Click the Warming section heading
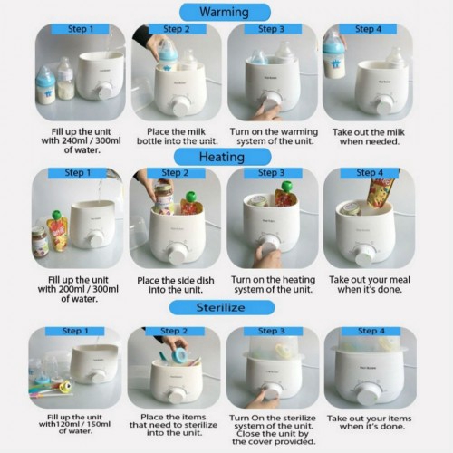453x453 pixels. [225, 13]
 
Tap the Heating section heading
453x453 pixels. [222, 157]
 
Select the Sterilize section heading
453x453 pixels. [222, 307]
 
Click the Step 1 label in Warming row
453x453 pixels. [80, 29]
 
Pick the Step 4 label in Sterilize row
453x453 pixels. [371, 331]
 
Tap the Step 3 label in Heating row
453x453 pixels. [271, 173]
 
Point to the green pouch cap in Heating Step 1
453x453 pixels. [55, 215]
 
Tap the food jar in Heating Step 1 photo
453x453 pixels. [40, 242]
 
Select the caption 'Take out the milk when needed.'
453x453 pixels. [369, 137]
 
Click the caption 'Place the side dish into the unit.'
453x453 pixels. [176, 285]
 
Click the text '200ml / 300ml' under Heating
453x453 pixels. [89, 289]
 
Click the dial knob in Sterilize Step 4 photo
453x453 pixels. [367, 394]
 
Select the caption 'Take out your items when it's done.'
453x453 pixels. [369, 422]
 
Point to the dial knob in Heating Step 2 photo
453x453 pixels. [177, 255]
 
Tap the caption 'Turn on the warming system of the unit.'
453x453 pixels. [274, 137]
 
